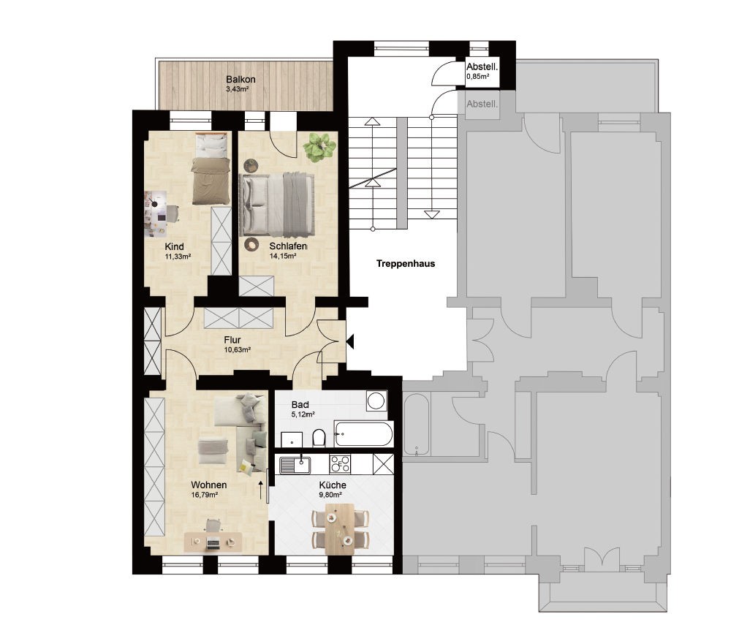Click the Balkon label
click(x=240, y=80)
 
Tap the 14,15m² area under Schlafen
click(x=283, y=257)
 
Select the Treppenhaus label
click(x=406, y=263)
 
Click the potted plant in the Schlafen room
click(x=320, y=147)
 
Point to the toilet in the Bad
click(x=319, y=438)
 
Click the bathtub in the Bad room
click(x=363, y=434)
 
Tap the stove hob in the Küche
click(x=340, y=464)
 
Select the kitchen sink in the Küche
click(x=295, y=465)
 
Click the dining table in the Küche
click(x=340, y=528)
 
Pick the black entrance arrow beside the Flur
click(x=350, y=341)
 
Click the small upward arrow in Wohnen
click(x=262, y=490)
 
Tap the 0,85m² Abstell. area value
click(x=477, y=76)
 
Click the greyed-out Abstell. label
click(x=482, y=104)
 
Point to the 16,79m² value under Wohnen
click(x=205, y=495)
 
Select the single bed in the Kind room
click(x=211, y=169)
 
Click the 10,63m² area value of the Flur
click(x=237, y=349)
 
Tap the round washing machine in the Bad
click(x=376, y=401)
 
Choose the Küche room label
click(x=333, y=485)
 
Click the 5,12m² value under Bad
click(x=303, y=414)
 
